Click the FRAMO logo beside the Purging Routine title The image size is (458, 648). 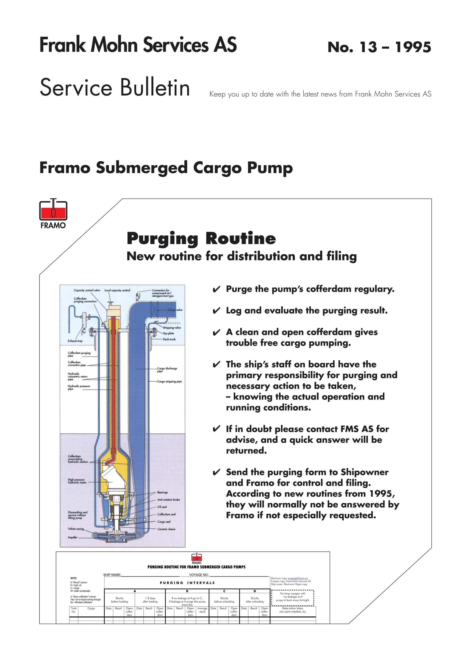point(53,213)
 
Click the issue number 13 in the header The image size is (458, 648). point(368,47)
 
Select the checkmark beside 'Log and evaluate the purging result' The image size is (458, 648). point(216,311)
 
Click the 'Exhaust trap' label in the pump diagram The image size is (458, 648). point(75,341)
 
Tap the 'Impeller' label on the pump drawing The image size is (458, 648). point(72,538)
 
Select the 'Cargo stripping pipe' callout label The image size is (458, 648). point(169,382)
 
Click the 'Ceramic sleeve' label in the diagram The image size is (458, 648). point(166,529)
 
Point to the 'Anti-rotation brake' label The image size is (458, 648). point(168,500)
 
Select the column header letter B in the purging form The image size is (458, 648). point(187,591)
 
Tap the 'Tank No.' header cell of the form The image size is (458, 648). point(74,610)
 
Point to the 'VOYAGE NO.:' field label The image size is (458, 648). point(199,575)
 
